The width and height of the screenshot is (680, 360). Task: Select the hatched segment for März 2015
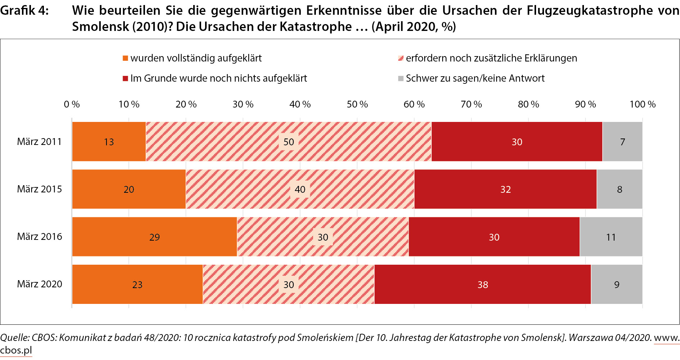[252, 189]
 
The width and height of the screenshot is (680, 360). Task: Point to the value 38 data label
[483, 285]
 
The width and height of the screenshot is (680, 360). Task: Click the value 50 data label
[289, 142]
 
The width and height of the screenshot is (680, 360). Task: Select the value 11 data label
[611, 237]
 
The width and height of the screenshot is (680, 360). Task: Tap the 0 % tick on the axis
[72, 104]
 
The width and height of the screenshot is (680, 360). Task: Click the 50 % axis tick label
[357, 104]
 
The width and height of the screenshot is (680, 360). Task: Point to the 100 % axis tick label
[643, 104]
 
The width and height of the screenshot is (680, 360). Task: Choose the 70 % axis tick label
[471, 104]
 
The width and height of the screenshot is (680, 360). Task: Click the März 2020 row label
[40, 284]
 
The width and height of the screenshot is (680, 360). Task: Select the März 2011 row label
[39, 142]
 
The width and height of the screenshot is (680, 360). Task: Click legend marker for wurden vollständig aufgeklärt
[125, 58]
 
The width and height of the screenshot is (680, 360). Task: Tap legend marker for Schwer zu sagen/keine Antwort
[401, 78]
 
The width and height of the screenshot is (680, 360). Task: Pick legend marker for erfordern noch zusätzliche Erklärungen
[401, 58]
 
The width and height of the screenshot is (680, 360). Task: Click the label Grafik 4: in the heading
[24, 11]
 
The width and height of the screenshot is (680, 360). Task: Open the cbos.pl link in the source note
[16, 350]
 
